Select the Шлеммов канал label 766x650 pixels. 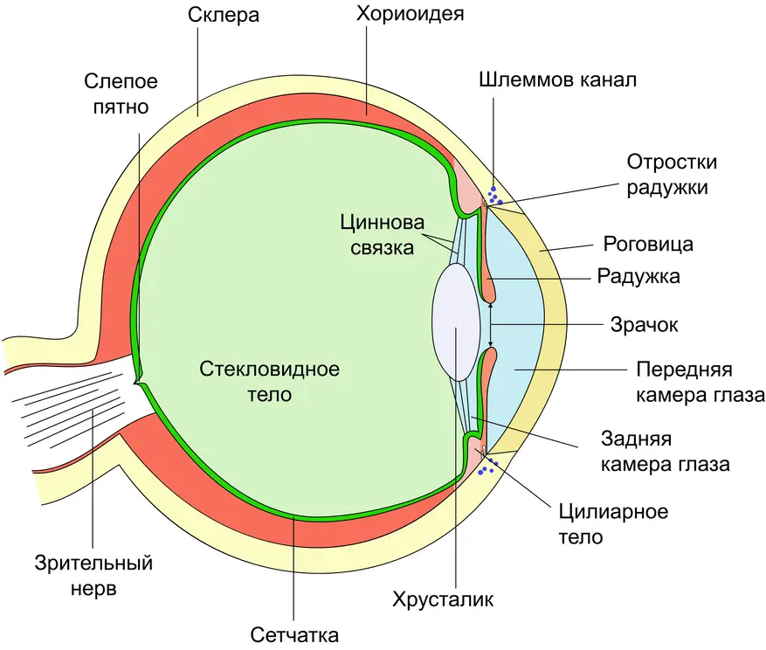click(558, 80)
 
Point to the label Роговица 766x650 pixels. click(648, 243)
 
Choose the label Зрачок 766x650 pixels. click(643, 325)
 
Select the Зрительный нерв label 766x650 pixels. click(94, 575)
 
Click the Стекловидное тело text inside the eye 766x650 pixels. click(269, 380)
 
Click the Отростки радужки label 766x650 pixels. click(673, 174)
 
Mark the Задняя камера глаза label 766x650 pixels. click(665, 450)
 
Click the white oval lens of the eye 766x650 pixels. click(456, 322)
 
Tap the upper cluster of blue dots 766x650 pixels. click(494, 196)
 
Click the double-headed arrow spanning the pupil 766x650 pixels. click(491, 325)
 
